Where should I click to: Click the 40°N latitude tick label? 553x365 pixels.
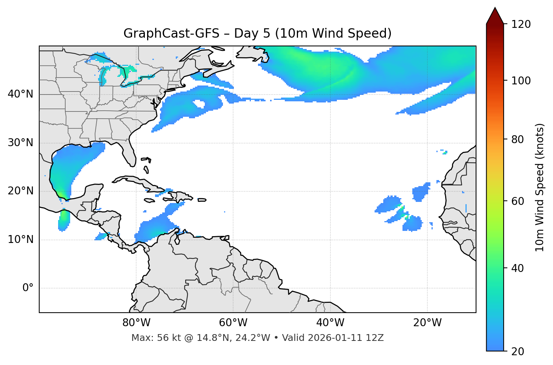coord(20,94)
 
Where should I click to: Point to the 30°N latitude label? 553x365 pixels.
coord(20,143)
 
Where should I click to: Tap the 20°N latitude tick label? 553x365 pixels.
coord(20,191)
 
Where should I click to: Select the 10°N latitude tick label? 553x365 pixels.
coord(20,240)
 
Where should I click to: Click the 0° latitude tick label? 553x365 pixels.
coord(28,288)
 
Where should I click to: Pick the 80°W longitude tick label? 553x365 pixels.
coord(136,323)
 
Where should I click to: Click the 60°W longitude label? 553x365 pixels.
coord(233,323)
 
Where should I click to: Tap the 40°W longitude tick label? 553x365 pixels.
coord(330,323)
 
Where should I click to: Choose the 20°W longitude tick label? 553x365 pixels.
coord(427,323)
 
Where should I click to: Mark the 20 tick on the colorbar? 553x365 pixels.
coord(517,351)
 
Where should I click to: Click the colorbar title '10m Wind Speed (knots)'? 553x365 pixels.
coord(540,188)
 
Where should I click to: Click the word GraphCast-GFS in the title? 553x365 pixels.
coord(171,34)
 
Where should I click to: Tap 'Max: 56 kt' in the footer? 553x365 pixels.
coord(150,338)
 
